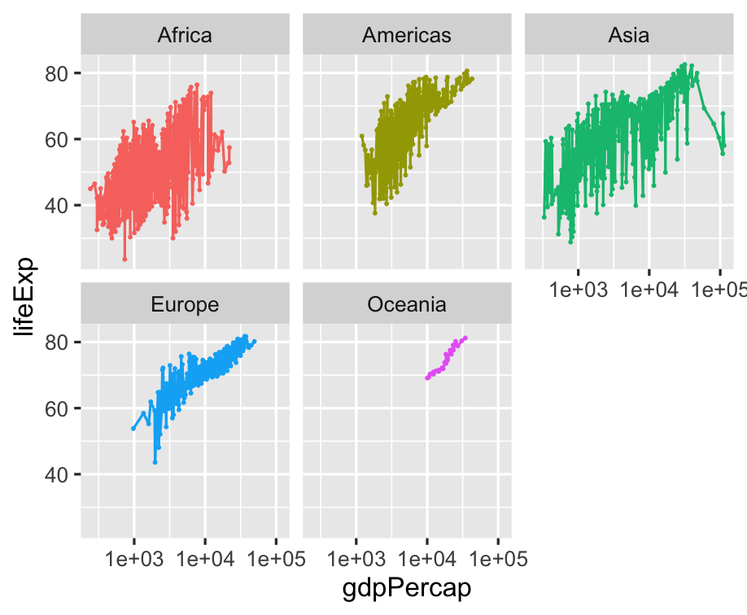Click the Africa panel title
coord(185,35)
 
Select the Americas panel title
coord(407,35)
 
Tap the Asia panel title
coord(628,35)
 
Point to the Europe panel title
coord(185,304)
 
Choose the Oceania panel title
coord(407,304)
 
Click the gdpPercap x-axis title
coord(407,587)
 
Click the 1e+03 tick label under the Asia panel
coord(578,290)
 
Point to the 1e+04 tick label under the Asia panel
coord(649,290)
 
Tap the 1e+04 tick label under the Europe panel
coord(205,560)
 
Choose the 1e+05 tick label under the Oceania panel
coord(497,560)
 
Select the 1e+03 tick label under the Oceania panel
coord(356,560)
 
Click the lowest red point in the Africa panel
coord(124,259)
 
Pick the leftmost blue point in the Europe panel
coord(133,428)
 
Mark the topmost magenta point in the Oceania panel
coord(465,338)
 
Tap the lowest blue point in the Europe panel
coord(155,462)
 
